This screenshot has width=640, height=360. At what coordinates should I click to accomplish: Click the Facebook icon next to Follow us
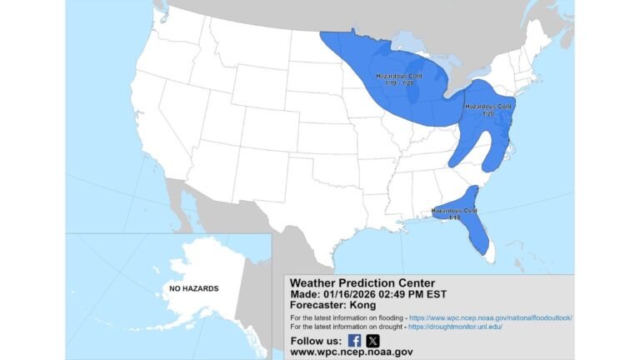pyautogui.click(x=354, y=340)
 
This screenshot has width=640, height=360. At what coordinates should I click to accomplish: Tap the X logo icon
pyautogui.click(x=372, y=340)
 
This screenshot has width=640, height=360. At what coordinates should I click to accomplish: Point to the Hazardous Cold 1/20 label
pyautogui.click(x=488, y=110)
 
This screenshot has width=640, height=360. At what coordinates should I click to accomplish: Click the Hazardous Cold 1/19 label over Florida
pyautogui.click(x=454, y=213)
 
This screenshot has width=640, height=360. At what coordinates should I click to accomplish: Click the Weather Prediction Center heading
pyautogui.click(x=362, y=282)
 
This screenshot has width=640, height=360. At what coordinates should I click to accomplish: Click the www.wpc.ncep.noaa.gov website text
pyautogui.click(x=351, y=352)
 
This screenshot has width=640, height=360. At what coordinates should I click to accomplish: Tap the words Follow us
pyautogui.click(x=314, y=341)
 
